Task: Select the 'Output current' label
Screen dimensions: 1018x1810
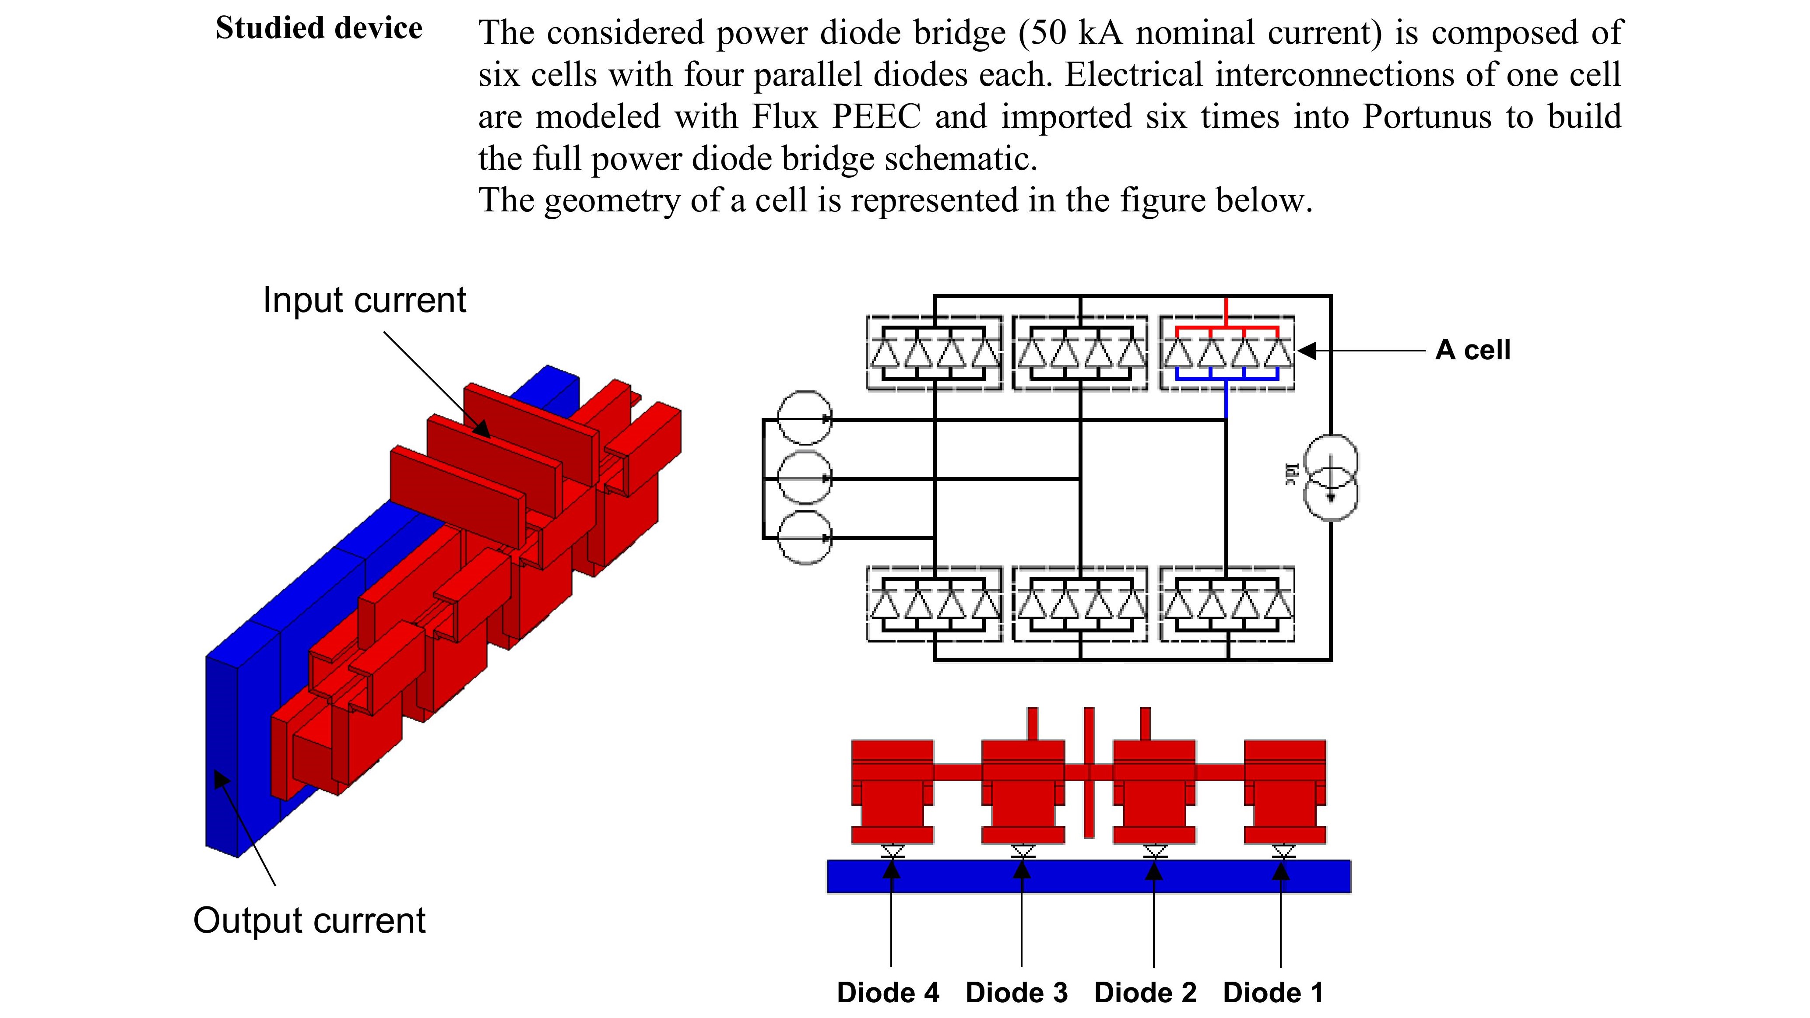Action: (x=309, y=920)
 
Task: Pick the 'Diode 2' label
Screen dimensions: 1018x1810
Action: (x=1145, y=993)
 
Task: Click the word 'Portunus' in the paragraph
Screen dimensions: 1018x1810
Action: (x=1427, y=116)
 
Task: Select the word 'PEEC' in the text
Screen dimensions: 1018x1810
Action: (x=876, y=116)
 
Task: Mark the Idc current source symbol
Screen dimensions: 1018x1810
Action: (x=1330, y=478)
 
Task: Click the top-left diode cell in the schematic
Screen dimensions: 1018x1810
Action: (x=934, y=353)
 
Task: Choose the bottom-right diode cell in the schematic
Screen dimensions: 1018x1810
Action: (x=1227, y=604)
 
